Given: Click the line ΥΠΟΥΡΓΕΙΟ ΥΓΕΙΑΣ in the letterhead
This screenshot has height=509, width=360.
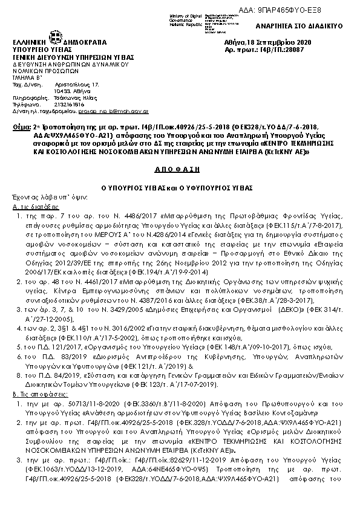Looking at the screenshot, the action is click(38, 50).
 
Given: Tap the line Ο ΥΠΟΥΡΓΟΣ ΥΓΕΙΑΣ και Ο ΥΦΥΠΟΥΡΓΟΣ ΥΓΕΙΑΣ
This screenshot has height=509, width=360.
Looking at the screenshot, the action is click(180, 187).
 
